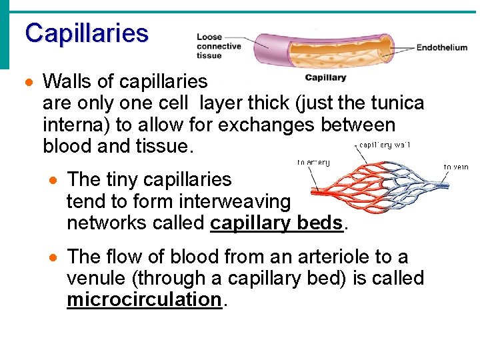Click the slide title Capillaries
tap(87, 33)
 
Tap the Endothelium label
tap(441, 48)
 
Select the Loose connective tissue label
tap(219, 46)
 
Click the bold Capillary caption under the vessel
tap(325, 77)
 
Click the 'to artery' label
tap(313, 163)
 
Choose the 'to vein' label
tap(456, 167)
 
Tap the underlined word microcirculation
tap(143, 299)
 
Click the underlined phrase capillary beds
tap(277, 222)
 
